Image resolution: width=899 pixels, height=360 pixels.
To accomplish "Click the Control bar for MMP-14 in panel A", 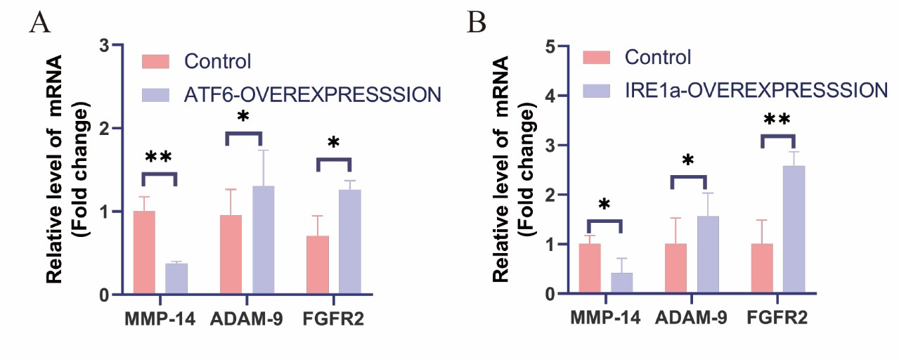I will (x=143, y=252).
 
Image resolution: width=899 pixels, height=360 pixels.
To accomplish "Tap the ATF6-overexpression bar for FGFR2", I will (x=349, y=242).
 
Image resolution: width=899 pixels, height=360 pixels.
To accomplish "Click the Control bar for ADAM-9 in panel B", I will (x=675, y=269).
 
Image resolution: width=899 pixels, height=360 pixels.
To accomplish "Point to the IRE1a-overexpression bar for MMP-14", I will (x=621, y=283).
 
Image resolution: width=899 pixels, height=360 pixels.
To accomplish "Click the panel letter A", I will (x=40, y=22).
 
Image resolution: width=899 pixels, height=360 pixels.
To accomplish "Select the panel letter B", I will (x=477, y=22).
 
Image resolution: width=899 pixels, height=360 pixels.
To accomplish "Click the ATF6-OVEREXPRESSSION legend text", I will (x=313, y=94).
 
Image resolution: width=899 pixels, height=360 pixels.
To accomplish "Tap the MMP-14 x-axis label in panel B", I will (x=604, y=319).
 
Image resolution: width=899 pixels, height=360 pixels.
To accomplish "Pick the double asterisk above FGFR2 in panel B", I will (x=777, y=120).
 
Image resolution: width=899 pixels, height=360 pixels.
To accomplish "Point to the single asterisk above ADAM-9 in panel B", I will (x=687, y=161).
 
